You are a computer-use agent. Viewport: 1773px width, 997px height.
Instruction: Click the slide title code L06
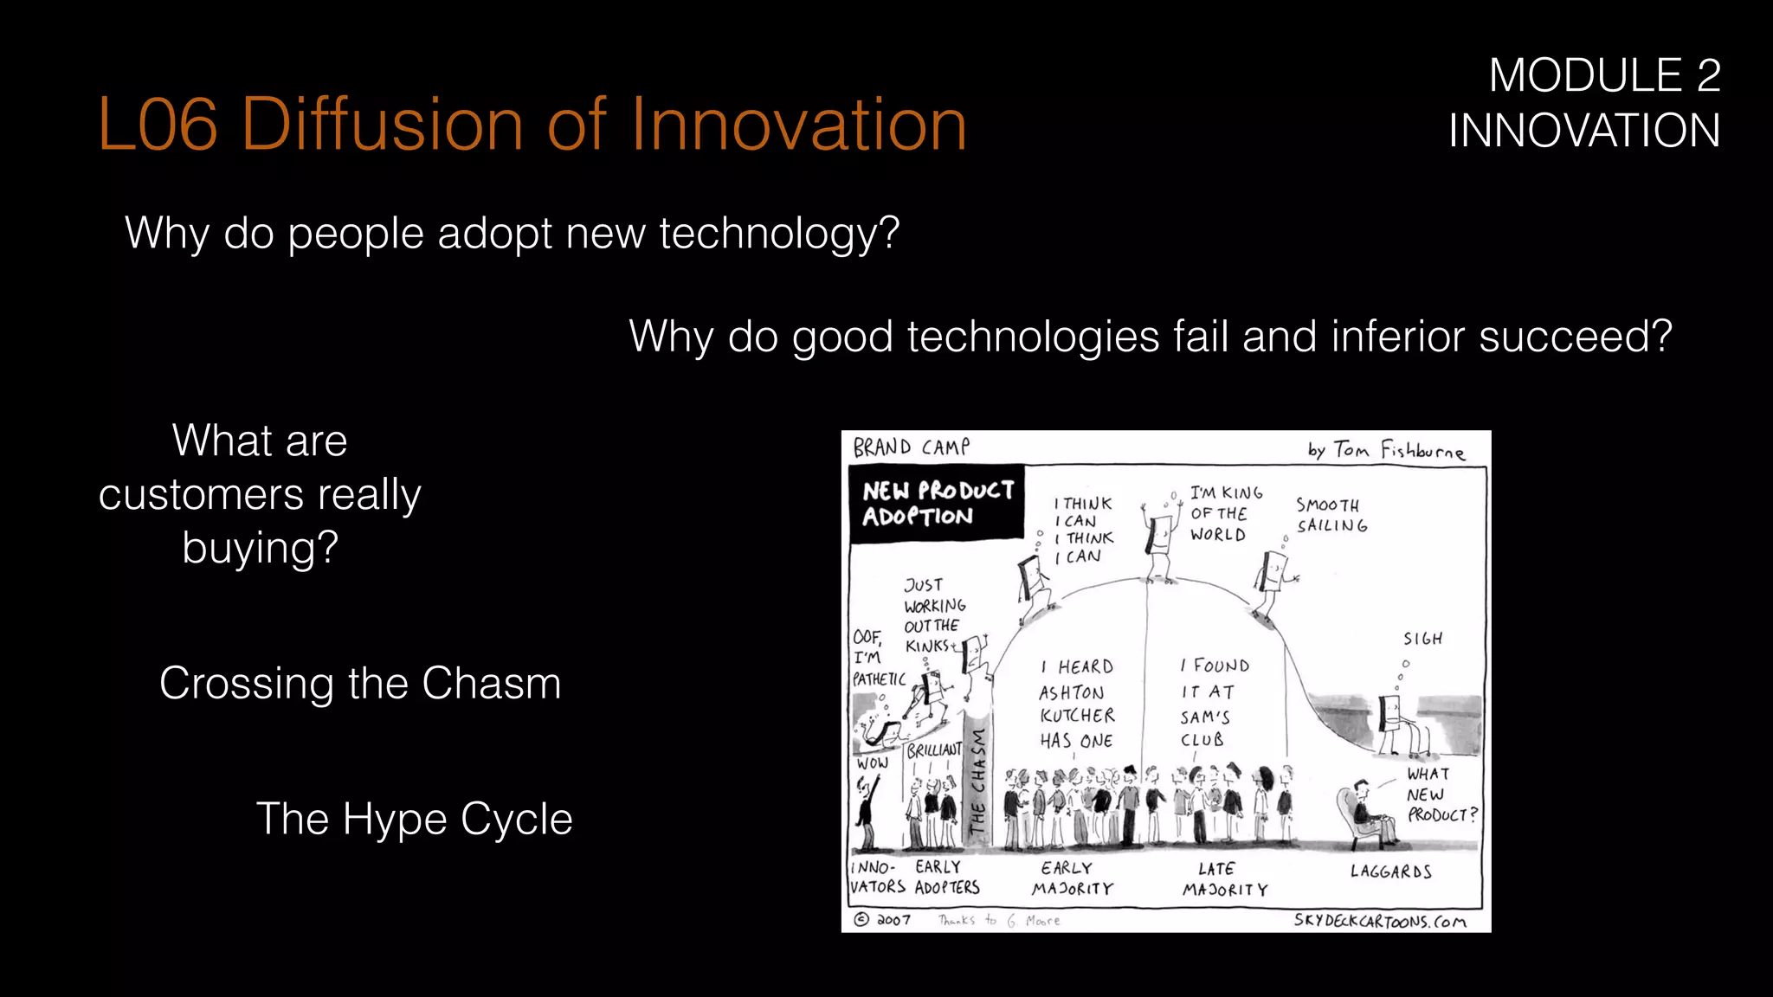tap(158, 125)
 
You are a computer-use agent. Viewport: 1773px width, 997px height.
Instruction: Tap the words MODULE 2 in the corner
tap(1604, 76)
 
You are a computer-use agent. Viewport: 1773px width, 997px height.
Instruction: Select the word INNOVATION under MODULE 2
tap(1584, 132)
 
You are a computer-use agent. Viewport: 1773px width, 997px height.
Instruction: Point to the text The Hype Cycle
tap(414, 819)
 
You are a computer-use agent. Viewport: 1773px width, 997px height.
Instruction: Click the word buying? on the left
tap(260, 548)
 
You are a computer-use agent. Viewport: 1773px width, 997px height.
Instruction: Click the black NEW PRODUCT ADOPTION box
tap(937, 504)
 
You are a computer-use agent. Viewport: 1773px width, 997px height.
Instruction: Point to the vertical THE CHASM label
tap(977, 782)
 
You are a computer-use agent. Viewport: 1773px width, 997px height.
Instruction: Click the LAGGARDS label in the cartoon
tap(1390, 872)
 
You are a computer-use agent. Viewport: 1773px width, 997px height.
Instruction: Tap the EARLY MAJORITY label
tap(1072, 878)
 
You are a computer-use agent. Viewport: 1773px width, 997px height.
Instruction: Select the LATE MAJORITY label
tap(1224, 878)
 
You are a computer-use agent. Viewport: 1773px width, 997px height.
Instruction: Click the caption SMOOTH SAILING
tap(1331, 515)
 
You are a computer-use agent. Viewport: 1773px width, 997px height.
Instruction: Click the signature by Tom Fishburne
tap(1385, 450)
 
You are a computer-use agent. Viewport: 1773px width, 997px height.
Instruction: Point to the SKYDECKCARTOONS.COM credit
tap(1380, 921)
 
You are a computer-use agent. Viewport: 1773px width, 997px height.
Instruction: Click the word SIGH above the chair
tap(1422, 639)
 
